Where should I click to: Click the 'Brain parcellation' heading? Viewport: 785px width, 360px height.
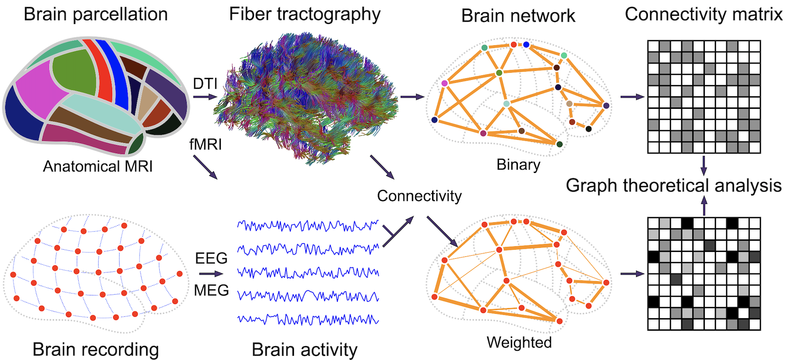coord(96,15)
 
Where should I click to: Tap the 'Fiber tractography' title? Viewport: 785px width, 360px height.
coord(304,15)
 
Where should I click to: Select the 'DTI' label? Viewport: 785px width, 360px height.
coord(205,84)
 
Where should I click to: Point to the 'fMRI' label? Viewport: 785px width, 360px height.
coord(205,144)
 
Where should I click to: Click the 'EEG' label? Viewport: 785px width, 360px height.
coord(211,258)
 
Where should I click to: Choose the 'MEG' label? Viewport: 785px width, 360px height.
coord(211,290)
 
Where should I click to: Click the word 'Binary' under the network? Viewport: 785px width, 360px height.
coord(518,165)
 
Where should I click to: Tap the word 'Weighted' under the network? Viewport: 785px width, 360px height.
coord(519,343)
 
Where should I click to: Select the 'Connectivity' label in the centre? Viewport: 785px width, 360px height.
coord(419,196)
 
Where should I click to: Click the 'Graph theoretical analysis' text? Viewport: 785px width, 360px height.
coord(673,186)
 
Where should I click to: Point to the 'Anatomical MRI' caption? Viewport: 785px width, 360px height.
coord(98,166)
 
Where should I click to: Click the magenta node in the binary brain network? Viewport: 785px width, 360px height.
coord(444,83)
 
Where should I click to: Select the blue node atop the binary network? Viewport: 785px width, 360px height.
coord(526,44)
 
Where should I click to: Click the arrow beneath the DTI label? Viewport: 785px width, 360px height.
coord(205,97)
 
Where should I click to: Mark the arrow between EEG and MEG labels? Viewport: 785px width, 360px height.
coord(211,274)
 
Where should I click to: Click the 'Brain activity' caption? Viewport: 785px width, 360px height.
coord(304,350)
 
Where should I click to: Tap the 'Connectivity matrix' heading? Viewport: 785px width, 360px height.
coord(703,15)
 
